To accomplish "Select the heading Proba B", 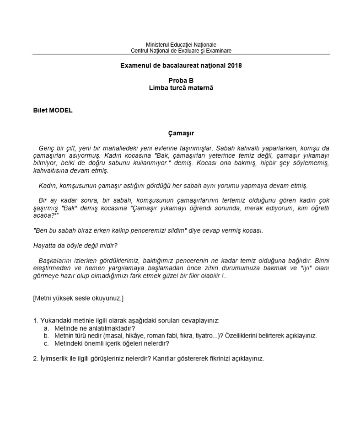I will coord(181,80).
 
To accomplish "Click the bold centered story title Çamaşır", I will coord(181,133).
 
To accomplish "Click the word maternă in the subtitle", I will coord(200,87).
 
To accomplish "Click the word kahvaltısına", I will coord(52,171).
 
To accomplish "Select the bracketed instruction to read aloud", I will coord(78,298).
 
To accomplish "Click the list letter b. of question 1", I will coord(46,336).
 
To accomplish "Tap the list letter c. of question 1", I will coord(46,343).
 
